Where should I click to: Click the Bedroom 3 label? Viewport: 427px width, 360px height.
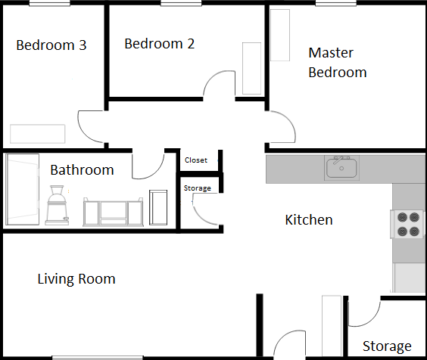(51, 45)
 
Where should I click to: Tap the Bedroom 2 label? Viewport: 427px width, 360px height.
(159, 44)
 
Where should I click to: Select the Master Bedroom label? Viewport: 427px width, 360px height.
(338, 63)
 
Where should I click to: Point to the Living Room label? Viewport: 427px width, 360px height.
(76, 279)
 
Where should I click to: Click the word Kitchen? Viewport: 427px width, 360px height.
(309, 220)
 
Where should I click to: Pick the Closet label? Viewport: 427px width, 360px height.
(196, 160)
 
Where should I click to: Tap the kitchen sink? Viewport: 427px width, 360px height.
(341, 168)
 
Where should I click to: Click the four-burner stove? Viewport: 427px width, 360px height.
(407, 224)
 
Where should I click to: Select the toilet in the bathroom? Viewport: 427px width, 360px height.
(58, 205)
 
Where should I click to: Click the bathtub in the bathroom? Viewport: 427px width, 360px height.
(22, 189)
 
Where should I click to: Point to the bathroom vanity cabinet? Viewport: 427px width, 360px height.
(113, 212)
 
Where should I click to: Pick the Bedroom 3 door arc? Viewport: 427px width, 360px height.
(83, 133)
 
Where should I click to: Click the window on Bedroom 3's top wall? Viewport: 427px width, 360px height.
(49, 3)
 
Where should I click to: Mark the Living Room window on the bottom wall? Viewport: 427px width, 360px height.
(98, 358)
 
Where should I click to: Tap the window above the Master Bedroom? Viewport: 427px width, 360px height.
(336, 3)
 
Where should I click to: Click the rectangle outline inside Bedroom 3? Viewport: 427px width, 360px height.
(38, 134)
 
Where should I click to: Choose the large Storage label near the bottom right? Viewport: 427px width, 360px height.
(387, 346)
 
